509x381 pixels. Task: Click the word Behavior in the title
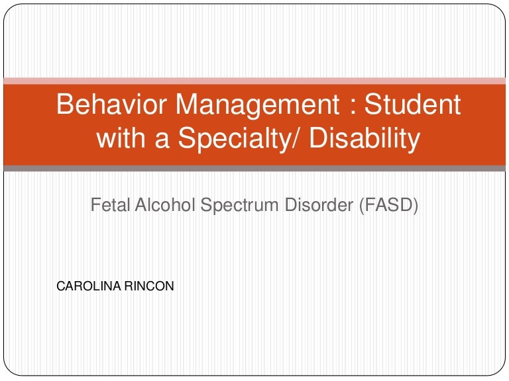(x=111, y=104)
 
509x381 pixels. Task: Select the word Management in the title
(x=258, y=106)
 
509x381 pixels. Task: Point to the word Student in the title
(x=412, y=104)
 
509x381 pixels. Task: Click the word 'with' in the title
(x=121, y=138)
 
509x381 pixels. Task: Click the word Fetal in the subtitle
(x=110, y=205)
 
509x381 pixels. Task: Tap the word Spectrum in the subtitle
(x=239, y=206)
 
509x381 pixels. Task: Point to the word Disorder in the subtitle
(x=319, y=205)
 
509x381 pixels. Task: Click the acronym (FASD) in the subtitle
(x=388, y=206)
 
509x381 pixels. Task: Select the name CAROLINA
(x=89, y=286)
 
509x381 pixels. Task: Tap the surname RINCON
(x=149, y=286)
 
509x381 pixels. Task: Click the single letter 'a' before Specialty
(x=162, y=140)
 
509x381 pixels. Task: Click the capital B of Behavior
(x=65, y=104)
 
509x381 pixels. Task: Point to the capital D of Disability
(x=319, y=138)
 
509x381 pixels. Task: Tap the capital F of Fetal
(x=95, y=205)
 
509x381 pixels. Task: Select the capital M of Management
(x=188, y=104)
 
